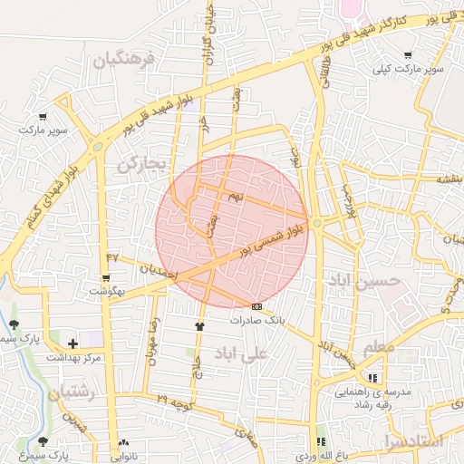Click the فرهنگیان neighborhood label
click(x=124, y=61)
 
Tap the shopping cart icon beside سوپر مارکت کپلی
click(x=407, y=55)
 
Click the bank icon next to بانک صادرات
click(x=257, y=306)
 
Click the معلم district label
click(x=378, y=348)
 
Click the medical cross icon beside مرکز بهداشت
click(x=72, y=343)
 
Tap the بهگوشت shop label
click(x=108, y=291)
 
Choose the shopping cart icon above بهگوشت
click(x=107, y=277)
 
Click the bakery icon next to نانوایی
click(x=123, y=442)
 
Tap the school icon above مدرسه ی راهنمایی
click(x=372, y=378)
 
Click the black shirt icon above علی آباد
click(x=199, y=325)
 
